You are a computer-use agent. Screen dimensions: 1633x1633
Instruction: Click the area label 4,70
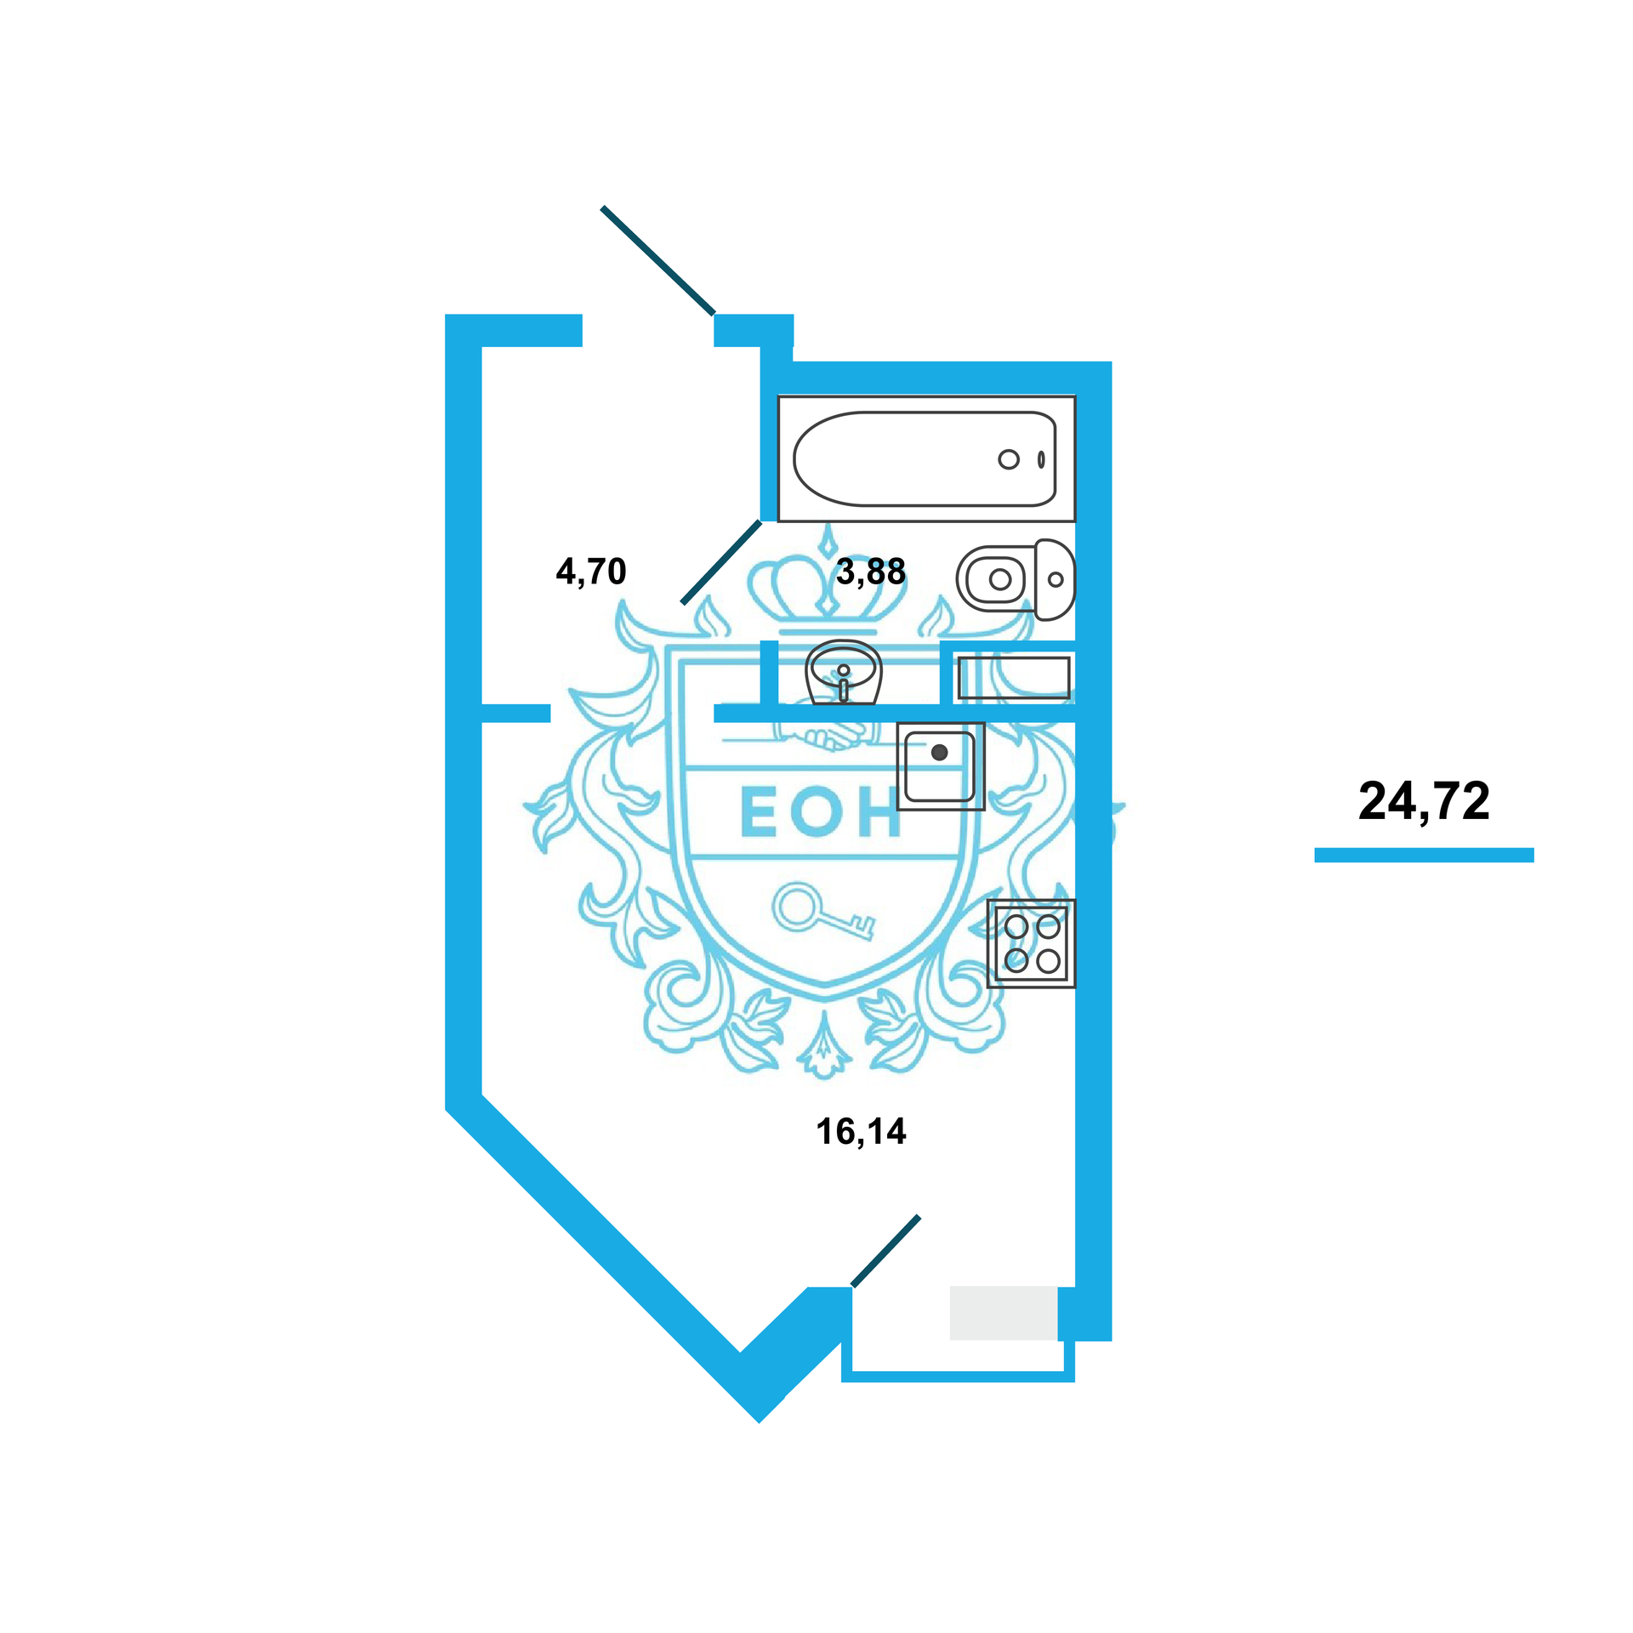[x=591, y=572]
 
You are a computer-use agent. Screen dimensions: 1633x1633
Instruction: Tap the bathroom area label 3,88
[x=870, y=572]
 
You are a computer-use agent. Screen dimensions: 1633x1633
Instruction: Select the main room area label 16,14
[x=861, y=1132]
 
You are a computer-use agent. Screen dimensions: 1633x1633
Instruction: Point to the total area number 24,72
[x=1424, y=801]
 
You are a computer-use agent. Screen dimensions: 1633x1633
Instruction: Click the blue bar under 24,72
[x=1424, y=855]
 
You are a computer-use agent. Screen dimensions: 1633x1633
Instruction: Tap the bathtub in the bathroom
[x=925, y=459]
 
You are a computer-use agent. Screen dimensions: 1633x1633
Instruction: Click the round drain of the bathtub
[x=1009, y=459]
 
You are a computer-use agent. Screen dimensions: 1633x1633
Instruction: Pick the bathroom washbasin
[x=843, y=671]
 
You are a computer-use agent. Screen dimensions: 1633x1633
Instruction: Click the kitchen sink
[x=940, y=765]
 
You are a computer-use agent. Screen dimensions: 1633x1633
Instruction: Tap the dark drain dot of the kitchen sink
[x=939, y=752]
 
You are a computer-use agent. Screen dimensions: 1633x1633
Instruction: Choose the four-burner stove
[x=1031, y=943]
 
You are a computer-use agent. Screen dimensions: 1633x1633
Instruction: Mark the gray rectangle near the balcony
[x=1003, y=1312]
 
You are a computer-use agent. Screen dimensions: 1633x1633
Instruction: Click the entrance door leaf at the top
[x=657, y=260]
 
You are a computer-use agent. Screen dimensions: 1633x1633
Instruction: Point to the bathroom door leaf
[x=721, y=562]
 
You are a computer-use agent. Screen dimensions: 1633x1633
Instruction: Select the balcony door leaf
[x=885, y=1250]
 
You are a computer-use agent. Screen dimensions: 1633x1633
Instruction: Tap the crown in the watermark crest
[x=827, y=587]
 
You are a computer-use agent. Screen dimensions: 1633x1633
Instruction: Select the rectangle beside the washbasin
[x=1012, y=678]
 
